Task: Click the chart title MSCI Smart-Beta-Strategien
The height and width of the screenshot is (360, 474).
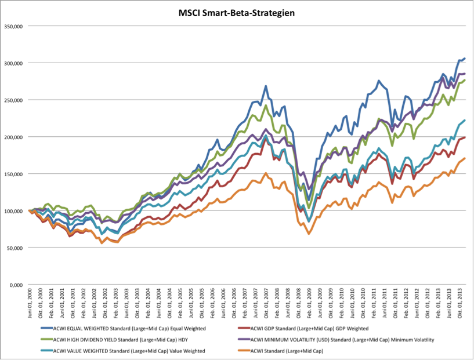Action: click(x=237, y=12)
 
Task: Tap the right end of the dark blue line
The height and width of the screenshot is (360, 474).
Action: click(x=465, y=59)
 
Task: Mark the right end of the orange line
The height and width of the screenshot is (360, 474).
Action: click(x=465, y=158)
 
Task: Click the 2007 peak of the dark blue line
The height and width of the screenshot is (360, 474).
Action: click(x=266, y=86)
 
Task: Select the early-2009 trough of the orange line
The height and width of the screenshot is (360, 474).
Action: click(x=309, y=234)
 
